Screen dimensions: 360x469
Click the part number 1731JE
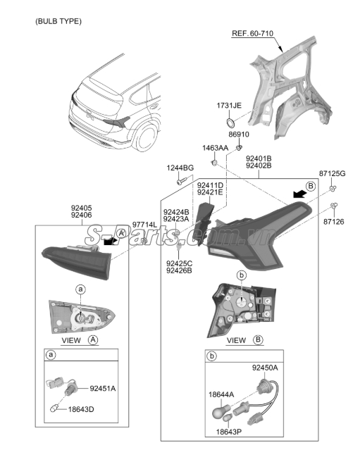(x=229, y=106)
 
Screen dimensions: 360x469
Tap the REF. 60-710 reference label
(x=253, y=33)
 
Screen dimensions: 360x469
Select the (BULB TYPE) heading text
(x=58, y=21)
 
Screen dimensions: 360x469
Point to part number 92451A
(x=103, y=388)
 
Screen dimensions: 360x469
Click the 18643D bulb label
(x=81, y=409)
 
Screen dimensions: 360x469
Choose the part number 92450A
(x=265, y=368)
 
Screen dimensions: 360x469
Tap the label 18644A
(x=221, y=394)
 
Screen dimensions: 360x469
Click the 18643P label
(x=229, y=432)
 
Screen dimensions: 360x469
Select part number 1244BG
(x=180, y=168)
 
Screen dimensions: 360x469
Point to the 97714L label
(x=144, y=225)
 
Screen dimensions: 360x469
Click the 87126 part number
(x=334, y=222)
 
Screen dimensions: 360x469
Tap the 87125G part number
(x=332, y=173)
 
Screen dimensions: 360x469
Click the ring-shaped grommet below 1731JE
(x=230, y=122)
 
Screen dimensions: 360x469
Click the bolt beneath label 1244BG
(x=181, y=181)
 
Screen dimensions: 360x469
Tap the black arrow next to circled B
(x=299, y=194)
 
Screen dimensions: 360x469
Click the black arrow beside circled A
(x=110, y=242)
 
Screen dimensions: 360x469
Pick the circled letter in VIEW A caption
(x=93, y=340)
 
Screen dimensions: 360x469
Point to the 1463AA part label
(x=215, y=148)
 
